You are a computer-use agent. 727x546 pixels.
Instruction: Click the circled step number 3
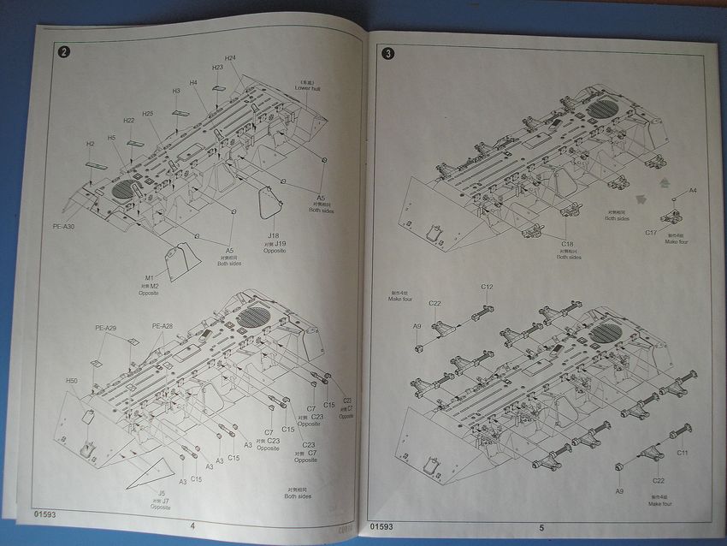pos(389,55)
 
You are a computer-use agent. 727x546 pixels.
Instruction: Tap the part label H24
pos(231,57)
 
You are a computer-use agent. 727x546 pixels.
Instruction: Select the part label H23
pos(218,67)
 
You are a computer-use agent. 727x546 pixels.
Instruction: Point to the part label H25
pos(147,114)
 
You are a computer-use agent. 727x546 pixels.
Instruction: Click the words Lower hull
pos(307,89)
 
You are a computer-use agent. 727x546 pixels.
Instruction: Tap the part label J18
pos(273,236)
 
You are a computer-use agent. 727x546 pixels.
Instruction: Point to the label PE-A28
pos(163,326)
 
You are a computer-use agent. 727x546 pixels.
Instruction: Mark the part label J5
pos(161,492)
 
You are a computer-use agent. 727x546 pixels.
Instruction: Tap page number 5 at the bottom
pos(541,527)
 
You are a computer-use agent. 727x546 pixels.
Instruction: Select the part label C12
pos(487,287)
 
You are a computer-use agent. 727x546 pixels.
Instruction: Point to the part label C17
pos(651,232)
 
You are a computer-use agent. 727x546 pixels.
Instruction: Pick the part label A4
pos(693,190)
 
